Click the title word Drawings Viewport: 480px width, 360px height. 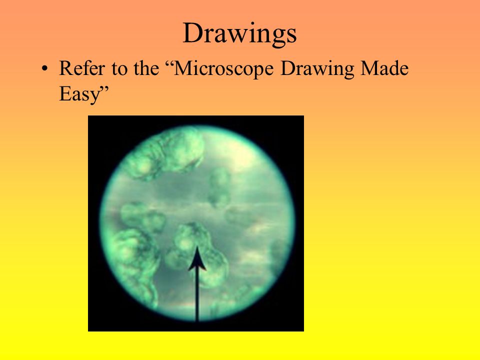tap(239, 34)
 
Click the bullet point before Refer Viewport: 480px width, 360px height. tap(46, 69)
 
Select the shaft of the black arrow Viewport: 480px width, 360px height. tap(197, 295)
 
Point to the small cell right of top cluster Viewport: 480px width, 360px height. tap(220, 185)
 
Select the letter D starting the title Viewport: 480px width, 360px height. tap(190, 34)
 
